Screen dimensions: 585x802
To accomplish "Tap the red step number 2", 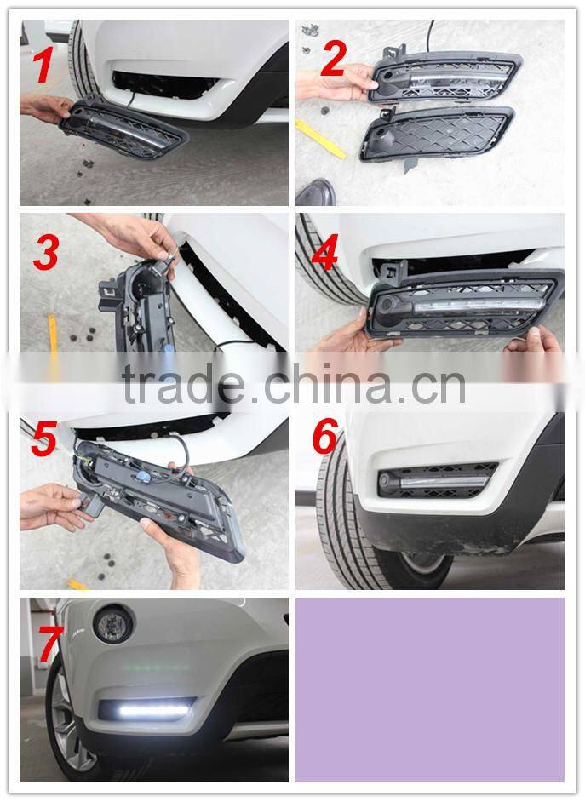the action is pyautogui.click(x=334, y=58).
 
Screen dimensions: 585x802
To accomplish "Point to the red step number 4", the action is pyautogui.click(x=324, y=252).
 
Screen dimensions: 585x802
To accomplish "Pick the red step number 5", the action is pyautogui.click(x=43, y=438).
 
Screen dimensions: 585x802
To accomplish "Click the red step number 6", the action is pyautogui.click(x=325, y=436).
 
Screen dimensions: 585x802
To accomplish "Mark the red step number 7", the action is pyautogui.click(x=50, y=644).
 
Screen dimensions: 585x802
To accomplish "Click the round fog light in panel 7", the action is pyautogui.click(x=112, y=624).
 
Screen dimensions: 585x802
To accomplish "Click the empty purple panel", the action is pyautogui.click(x=429, y=689).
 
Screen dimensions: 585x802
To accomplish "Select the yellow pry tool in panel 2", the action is pyautogui.click(x=320, y=138).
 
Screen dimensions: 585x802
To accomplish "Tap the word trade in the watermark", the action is pyautogui.click(x=184, y=384).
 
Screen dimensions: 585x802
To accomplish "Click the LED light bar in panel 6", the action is pyautogui.click(x=444, y=482).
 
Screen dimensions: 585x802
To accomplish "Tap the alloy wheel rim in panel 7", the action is pyautogui.click(x=72, y=726).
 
